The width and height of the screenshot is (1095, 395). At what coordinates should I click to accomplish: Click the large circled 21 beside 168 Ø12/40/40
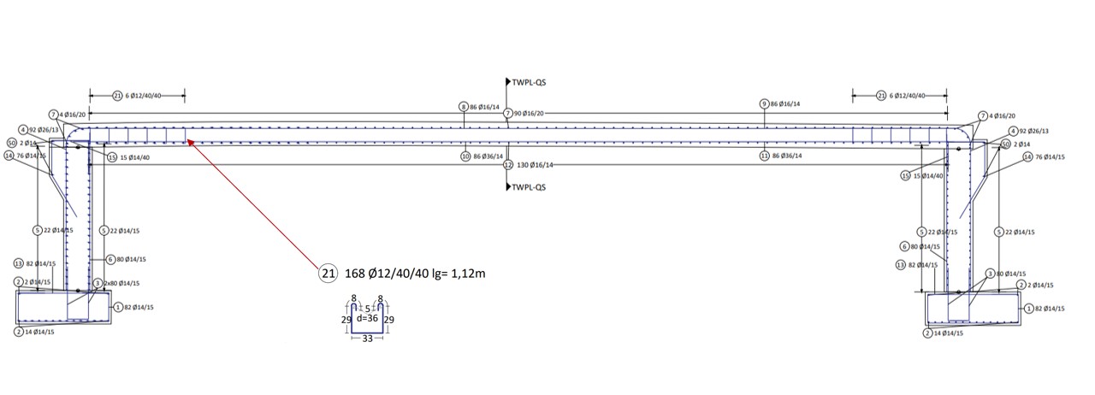(326, 274)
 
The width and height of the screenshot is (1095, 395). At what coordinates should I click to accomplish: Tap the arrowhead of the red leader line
(190, 142)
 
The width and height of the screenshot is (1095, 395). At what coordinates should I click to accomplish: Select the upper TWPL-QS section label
(530, 83)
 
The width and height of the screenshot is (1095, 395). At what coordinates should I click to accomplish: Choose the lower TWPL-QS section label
(530, 186)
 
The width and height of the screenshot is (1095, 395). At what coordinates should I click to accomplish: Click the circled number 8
(463, 107)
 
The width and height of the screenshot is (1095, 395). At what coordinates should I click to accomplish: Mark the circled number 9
(764, 103)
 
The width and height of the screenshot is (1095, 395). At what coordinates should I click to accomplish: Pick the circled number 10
(465, 156)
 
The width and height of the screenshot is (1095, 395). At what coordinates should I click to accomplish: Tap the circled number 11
(764, 156)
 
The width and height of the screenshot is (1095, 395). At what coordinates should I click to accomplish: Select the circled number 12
(508, 164)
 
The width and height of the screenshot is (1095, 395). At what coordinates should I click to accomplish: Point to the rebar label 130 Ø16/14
(536, 164)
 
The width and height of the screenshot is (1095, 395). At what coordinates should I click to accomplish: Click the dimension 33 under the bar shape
(368, 339)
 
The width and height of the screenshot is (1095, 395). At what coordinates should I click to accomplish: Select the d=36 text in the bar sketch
(367, 318)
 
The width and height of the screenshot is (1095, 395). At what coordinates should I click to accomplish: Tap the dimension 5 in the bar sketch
(367, 308)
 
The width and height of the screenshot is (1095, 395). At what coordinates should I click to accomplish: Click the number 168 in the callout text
(355, 274)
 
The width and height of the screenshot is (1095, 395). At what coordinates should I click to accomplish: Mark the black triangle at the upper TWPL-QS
(509, 83)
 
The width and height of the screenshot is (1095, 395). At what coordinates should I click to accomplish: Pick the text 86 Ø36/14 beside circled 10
(488, 156)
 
